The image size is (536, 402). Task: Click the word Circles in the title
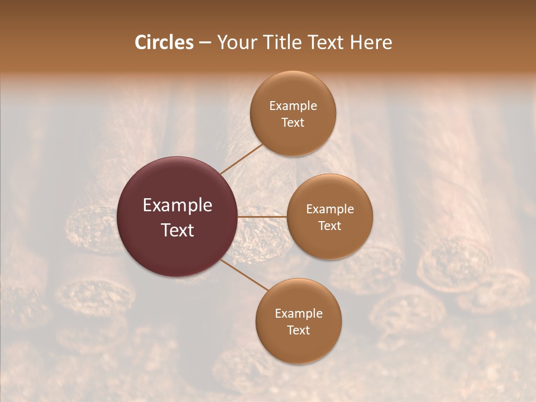(x=164, y=42)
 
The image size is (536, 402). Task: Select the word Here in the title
(x=371, y=42)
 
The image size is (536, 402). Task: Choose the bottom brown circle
(x=298, y=350)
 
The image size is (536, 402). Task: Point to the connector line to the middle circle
(x=262, y=216)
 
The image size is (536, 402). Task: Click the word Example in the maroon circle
(x=178, y=205)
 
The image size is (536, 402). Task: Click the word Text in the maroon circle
(x=178, y=230)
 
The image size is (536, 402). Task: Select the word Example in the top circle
(x=293, y=106)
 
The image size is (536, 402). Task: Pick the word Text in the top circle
(x=293, y=122)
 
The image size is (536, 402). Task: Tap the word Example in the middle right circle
(x=330, y=209)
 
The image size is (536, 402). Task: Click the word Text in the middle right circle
(x=329, y=226)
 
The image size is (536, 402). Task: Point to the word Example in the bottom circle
(x=299, y=314)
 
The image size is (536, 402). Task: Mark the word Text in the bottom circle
(x=298, y=330)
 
